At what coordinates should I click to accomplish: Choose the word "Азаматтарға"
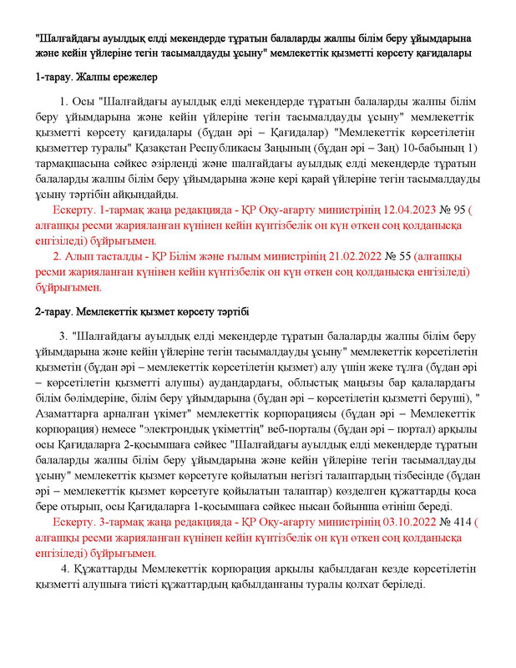pyautogui.click(x=73, y=415)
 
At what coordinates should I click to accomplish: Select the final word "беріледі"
pyautogui.click(x=401, y=584)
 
